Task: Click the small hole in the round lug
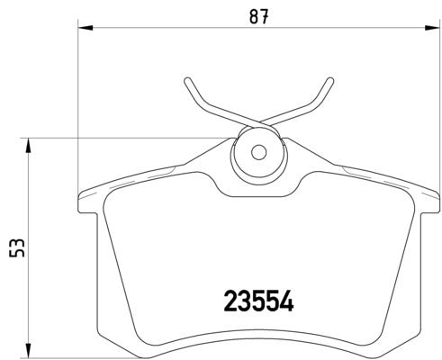pyautogui.click(x=258, y=153)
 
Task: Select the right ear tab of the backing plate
pyautogui.click(x=427, y=200)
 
